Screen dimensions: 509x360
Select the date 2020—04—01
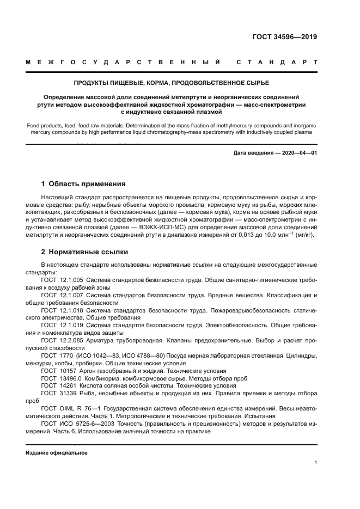coord(298,153)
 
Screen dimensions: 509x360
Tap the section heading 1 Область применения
coord(83,183)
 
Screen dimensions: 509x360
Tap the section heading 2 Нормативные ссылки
coord(85,252)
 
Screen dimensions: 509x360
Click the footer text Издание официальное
coord(57,452)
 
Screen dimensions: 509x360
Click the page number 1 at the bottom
coord(315,463)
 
